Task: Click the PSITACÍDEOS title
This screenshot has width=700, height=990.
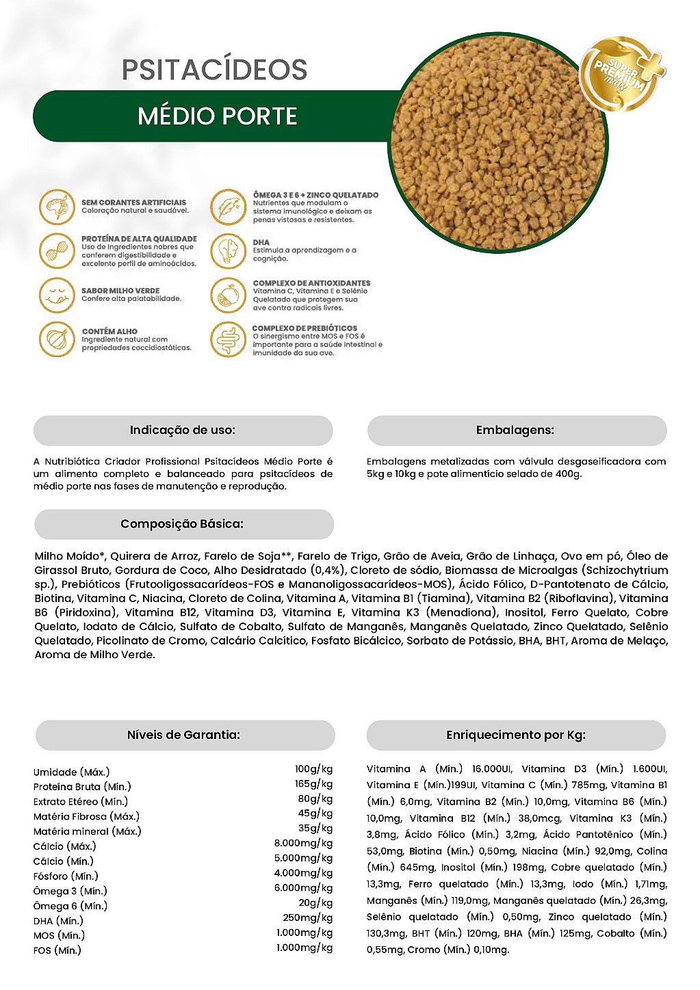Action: coord(214,70)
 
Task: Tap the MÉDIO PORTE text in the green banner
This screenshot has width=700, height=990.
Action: coord(217,116)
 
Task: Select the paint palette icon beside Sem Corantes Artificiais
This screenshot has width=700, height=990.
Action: coord(56,207)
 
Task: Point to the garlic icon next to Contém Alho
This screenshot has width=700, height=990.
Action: coord(56,339)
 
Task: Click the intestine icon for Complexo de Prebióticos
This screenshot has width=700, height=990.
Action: coord(228,340)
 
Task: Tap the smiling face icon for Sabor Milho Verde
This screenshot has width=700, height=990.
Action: coord(56,295)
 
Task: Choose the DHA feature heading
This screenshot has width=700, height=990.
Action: coord(261,242)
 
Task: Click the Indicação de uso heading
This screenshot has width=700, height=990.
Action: coord(183,430)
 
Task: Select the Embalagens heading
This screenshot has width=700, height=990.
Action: coord(515,430)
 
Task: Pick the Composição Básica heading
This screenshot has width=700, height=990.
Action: coord(182,524)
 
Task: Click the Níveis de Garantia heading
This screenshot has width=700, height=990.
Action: coord(183,735)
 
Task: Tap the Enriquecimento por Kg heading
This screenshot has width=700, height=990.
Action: coord(516,735)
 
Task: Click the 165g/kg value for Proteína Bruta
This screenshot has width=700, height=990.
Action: coord(313,784)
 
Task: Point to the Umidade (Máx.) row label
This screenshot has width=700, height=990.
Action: coord(71,772)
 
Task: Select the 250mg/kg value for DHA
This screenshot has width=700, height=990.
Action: coord(307,918)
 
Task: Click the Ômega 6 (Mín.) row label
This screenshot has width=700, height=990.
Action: coord(70,906)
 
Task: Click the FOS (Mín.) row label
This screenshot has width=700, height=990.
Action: coord(57,950)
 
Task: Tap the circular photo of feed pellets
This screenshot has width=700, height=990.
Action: coord(498,144)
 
